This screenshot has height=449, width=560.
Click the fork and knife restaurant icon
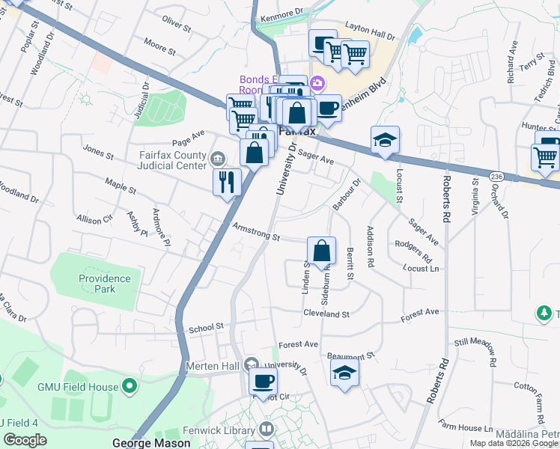coord(226,181)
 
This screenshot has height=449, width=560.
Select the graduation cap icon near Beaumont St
coord(344,373)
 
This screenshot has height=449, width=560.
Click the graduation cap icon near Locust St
coord(385,140)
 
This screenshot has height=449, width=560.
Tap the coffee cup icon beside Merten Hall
coord(263,381)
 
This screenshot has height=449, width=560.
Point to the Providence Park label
coord(105,284)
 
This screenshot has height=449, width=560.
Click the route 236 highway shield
coord(496,175)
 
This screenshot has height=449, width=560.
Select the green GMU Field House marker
coord(130,387)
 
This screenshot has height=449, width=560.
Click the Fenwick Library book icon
coord(266,429)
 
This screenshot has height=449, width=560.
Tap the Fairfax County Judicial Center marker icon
coord(218,157)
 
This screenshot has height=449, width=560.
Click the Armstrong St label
coord(255,233)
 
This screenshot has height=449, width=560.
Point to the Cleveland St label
coord(326,314)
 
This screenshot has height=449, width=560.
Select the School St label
coord(206,327)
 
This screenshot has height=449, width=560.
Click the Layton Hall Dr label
coord(370,35)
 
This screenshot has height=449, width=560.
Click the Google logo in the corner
coord(25,440)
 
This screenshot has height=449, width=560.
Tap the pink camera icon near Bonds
coord(317,82)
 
